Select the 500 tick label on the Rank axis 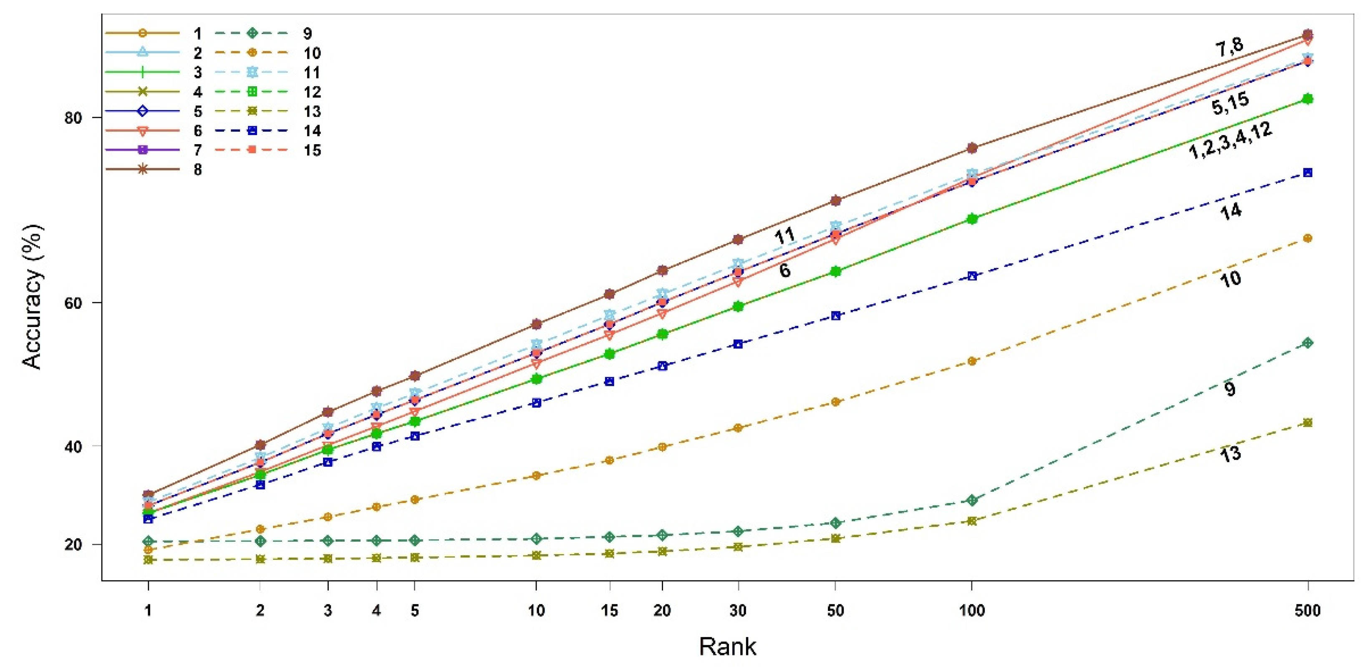coord(1307,611)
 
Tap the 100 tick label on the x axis coord(972,611)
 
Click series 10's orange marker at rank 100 coord(972,361)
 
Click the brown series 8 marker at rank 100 coord(972,148)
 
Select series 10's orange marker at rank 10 coord(536,475)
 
